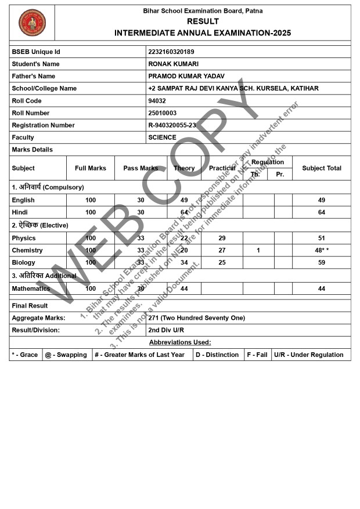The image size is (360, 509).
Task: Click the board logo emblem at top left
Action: pyautogui.click(x=32, y=23)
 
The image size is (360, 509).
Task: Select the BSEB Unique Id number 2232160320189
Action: pyautogui.click(x=171, y=52)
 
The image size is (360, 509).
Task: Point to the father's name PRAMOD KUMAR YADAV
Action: pyautogui.click(x=186, y=77)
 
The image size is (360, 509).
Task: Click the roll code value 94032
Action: pyautogui.click(x=158, y=101)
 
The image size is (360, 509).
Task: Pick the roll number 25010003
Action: pyautogui.click(x=163, y=113)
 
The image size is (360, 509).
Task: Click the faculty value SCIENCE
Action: pyautogui.click(x=163, y=138)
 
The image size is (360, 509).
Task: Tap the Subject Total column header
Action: pyautogui.click(x=322, y=168)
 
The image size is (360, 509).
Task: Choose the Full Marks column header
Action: pyautogui.click(x=91, y=168)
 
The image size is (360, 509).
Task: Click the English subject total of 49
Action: pyautogui.click(x=322, y=200)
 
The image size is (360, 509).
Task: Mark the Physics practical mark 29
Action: pyautogui.click(x=222, y=239)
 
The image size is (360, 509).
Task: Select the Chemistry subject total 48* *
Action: pyautogui.click(x=322, y=251)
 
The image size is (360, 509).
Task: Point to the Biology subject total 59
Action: pyautogui.click(x=322, y=263)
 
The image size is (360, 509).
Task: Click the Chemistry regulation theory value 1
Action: pyautogui.click(x=258, y=251)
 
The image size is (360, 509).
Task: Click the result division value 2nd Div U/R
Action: pyautogui.click(x=167, y=330)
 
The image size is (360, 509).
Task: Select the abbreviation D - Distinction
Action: pyautogui.click(x=217, y=355)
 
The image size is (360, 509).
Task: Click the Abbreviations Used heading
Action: pyautogui.click(x=180, y=342)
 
